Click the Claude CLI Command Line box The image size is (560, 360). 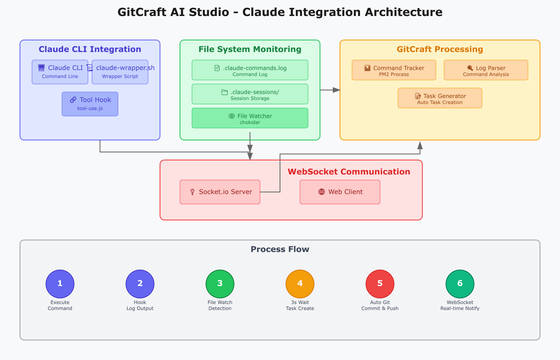[60, 72]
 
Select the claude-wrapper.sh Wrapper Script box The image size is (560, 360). [120, 72]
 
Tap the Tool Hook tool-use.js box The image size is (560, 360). [90, 104]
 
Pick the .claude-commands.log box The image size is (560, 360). [250, 70]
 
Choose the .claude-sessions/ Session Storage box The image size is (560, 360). [250, 94]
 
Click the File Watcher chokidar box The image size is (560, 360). [250, 118]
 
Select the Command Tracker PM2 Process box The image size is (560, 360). [394, 70]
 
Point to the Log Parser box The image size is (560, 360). [486, 70]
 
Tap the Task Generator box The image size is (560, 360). [440, 98]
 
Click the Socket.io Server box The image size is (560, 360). [220, 192]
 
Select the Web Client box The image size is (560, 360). [340, 192]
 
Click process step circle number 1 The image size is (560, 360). [60, 284]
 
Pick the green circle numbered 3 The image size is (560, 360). [220, 284]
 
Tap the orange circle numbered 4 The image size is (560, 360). [300, 284]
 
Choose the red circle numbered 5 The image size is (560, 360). [380, 284]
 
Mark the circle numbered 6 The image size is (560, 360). [460, 284]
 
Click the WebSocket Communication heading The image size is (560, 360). [349, 172]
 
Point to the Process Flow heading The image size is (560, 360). [280, 249]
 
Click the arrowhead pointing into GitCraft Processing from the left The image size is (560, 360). [336, 90]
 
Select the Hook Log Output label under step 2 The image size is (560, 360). [140, 305]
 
